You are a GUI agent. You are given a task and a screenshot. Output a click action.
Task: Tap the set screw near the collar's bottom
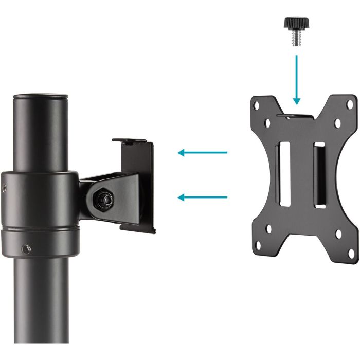(x=24, y=250)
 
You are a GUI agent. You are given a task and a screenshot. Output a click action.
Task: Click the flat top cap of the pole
(x=41, y=96)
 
